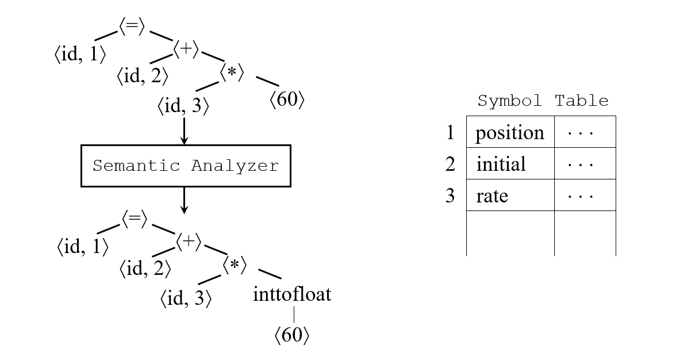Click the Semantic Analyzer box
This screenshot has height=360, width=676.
pos(185,166)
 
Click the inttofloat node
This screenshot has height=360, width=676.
pos(292,295)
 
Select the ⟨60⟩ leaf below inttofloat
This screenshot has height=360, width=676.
pos(292,335)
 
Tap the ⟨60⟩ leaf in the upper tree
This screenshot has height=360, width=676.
pos(287,100)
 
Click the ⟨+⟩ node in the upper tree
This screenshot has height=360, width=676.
pos(187,50)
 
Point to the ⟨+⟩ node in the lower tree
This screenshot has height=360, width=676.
pos(189,242)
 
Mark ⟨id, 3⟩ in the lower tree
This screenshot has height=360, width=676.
pos(185,298)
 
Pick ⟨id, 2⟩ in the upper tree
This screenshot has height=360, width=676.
pos(143,75)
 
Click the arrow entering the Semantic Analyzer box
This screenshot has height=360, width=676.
pos(184,131)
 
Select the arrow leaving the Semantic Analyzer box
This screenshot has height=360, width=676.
pos(184,200)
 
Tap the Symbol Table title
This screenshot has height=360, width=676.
pos(543,101)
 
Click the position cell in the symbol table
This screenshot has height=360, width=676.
pos(509,133)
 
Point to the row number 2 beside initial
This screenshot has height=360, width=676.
pos(450,164)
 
